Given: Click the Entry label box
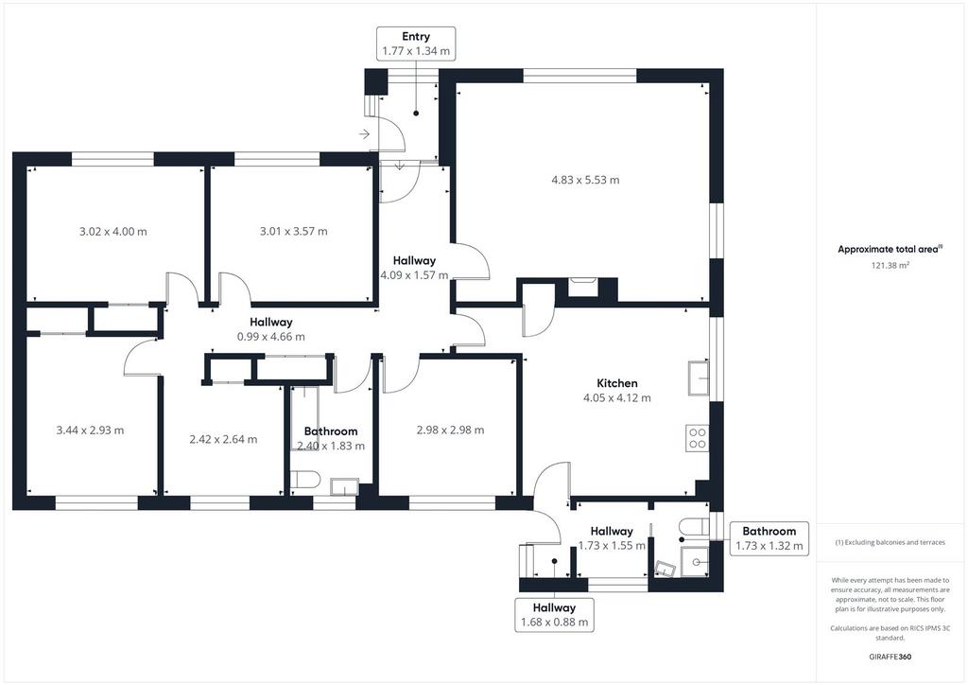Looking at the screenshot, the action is (416, 44).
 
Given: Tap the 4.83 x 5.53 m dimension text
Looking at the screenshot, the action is (585, 181).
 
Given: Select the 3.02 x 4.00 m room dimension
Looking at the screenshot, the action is (113, 232).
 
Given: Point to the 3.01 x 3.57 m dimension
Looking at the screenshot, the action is (293, 232).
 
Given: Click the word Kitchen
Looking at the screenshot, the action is (617, 383).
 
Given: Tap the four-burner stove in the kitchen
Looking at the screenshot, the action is (698, 438).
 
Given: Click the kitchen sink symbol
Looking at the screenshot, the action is (699, 377).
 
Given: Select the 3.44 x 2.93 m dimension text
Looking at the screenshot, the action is (90, 430).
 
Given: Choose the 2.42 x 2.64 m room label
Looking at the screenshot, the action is (223, 440).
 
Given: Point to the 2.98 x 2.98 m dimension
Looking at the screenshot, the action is (450, 430).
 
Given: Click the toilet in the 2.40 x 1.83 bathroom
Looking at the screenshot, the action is (304, 481).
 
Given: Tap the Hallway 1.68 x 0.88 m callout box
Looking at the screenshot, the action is (554, 615).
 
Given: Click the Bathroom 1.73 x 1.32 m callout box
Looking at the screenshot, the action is (769, 538).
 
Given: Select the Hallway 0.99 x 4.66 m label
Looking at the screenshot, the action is (271, 329).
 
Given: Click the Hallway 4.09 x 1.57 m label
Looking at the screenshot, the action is (414, 268).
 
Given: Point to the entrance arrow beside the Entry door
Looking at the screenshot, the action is (364, 134).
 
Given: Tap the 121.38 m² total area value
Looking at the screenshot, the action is (890, 266).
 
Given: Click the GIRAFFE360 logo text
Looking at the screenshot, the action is (890, 657).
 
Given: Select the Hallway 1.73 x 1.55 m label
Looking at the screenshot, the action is (612, 538).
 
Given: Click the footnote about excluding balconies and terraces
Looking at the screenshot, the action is (890, 542).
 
